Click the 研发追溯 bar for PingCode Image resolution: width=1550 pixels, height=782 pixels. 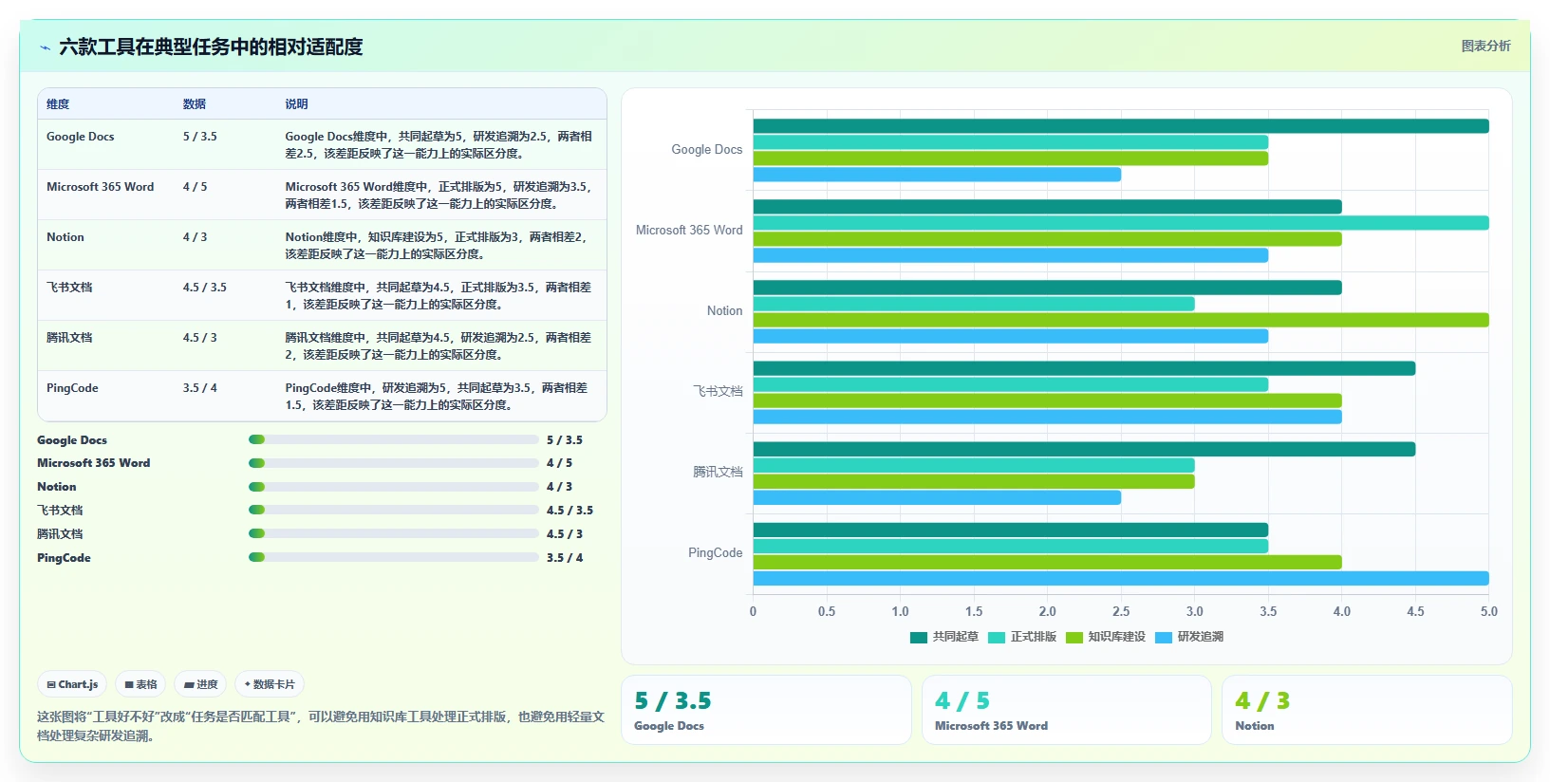[x=1121, y=579]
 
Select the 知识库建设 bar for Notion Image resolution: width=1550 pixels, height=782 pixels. [x=1121, y=320]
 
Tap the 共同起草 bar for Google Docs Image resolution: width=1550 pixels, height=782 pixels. [x=1121, y=126]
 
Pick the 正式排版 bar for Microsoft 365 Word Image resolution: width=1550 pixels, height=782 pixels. [x=1121, y=223]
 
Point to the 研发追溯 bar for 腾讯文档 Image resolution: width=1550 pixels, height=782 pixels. [x=937, y=497]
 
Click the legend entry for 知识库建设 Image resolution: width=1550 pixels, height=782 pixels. [x=1106, y=637]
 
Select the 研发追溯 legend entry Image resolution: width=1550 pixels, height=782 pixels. [x=1189, y=637]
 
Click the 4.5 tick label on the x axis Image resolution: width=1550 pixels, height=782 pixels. [x=1415, y=612]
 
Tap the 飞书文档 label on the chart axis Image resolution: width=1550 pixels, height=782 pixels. [x=718, y=392]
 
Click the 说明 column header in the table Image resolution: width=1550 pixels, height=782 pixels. [x=296, y=103]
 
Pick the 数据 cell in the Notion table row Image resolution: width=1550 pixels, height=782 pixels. [x=195, y=236]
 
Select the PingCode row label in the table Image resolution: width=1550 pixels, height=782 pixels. [x=72, y=387]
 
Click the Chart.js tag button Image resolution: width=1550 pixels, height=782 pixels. [x=72, y=684]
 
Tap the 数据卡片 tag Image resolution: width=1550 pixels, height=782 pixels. [x=270, y=684]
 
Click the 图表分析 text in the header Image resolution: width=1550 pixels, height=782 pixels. [x=1485, y=46]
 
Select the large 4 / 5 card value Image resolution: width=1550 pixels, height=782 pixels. [x=962, y=701]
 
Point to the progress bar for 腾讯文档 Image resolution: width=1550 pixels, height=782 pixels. [x=393, y=533]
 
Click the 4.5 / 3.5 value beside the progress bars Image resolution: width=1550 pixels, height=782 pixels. [x=570, y=510]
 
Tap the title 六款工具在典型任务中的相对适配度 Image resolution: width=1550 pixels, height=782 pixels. [x=211, y=47]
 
